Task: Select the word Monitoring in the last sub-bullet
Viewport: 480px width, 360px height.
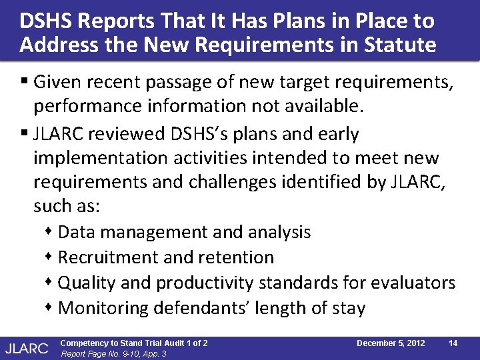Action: point(103,308)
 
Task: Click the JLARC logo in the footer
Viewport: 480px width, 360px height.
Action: point(27,347)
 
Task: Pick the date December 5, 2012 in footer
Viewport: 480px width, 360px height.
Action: point(391,343)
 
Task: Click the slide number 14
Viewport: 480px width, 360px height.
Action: point(453,343)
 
